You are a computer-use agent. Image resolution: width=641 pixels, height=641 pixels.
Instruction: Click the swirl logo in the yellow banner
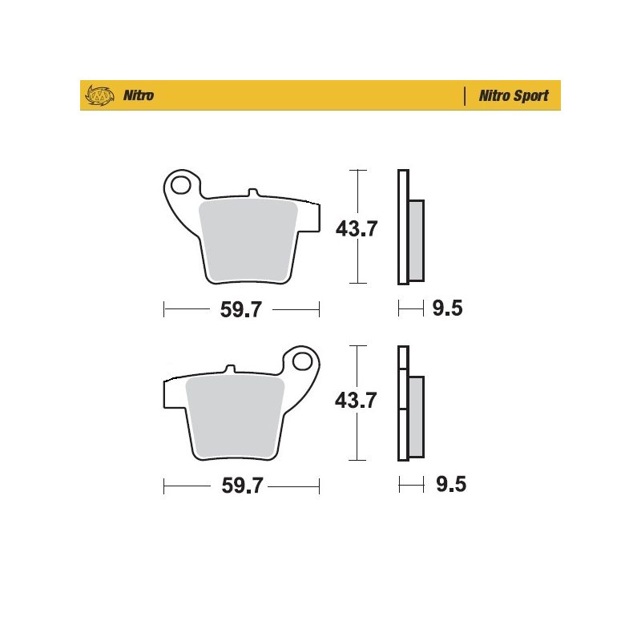(99, 95)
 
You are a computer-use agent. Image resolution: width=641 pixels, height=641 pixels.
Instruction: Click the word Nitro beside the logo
(139, 95)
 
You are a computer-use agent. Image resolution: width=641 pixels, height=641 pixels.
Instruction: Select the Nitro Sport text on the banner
(514, 95)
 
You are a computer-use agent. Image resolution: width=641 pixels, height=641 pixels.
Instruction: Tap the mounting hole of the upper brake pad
(181, 185)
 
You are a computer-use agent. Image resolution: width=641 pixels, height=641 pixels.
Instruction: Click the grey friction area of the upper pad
(248, 240)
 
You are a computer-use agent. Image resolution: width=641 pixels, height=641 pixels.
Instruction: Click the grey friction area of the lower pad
(235, 417)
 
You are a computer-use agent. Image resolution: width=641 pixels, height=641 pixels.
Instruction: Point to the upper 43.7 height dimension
(357, 228)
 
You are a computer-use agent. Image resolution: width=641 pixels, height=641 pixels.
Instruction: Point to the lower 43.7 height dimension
(356, 400)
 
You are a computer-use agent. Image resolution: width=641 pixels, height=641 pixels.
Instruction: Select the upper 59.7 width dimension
(241, 309)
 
